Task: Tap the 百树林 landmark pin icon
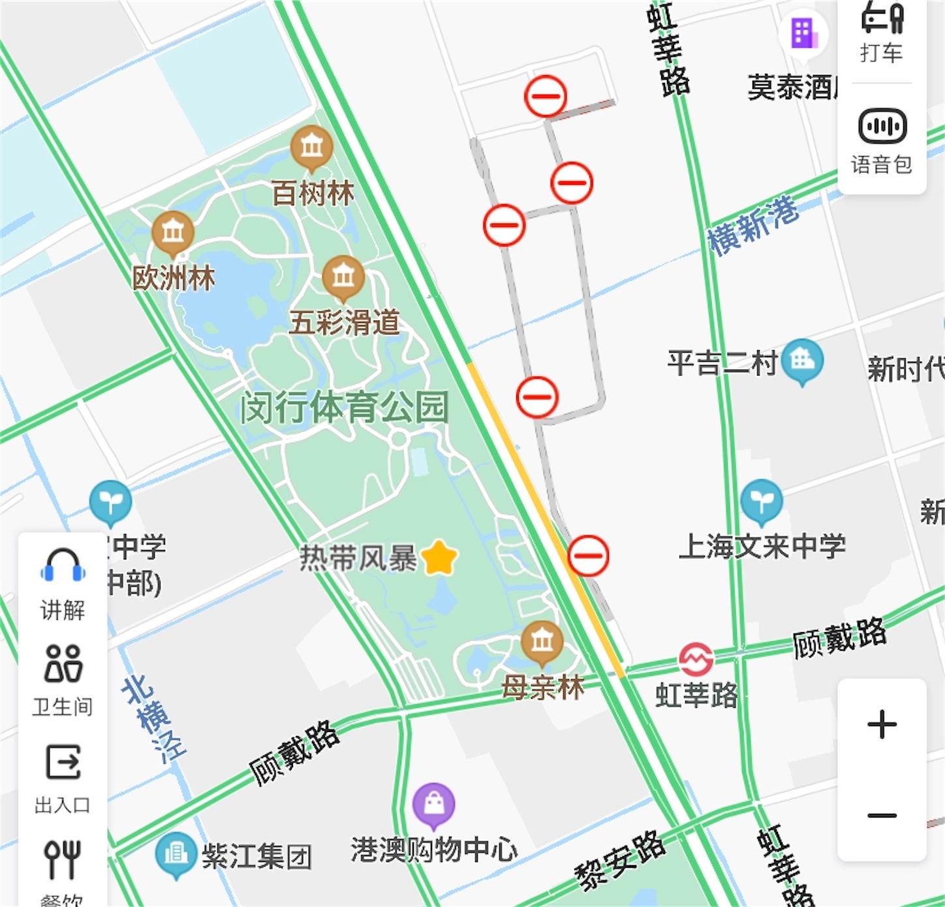(x=312, y=146)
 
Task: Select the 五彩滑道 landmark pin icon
(x=343, y=277)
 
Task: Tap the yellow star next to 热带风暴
(x=439, y=558)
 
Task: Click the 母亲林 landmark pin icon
(x=542, y=642)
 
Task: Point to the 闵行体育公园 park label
(x=344, y=407)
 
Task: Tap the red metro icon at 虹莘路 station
(x=696, y=660)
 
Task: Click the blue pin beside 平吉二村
(x=802, y=359)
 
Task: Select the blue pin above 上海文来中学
(x=761, y=501)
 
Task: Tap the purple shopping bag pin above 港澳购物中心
(x=434, y=804)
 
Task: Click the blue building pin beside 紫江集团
(x=176, y=853)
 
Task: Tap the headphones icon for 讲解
(x=63, y=565)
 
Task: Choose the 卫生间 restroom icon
(x=63, y=663)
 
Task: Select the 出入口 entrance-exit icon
(x=63, y=762)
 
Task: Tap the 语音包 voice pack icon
(x=882, y=126)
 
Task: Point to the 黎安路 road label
(x=620, y=859)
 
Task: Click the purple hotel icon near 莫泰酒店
(x=803, y=33)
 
